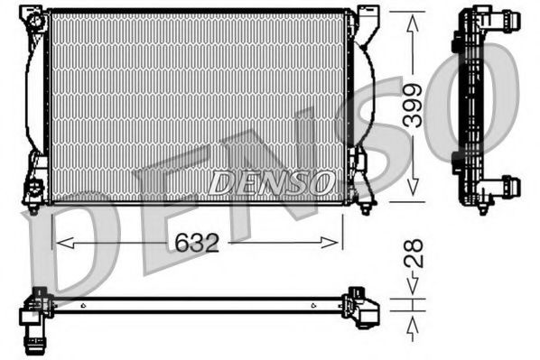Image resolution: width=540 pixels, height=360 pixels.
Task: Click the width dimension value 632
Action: pyautogui.click(x=198, y=242)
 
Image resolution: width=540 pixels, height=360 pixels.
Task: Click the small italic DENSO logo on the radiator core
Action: pyautogui.click(x=271, y=182)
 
